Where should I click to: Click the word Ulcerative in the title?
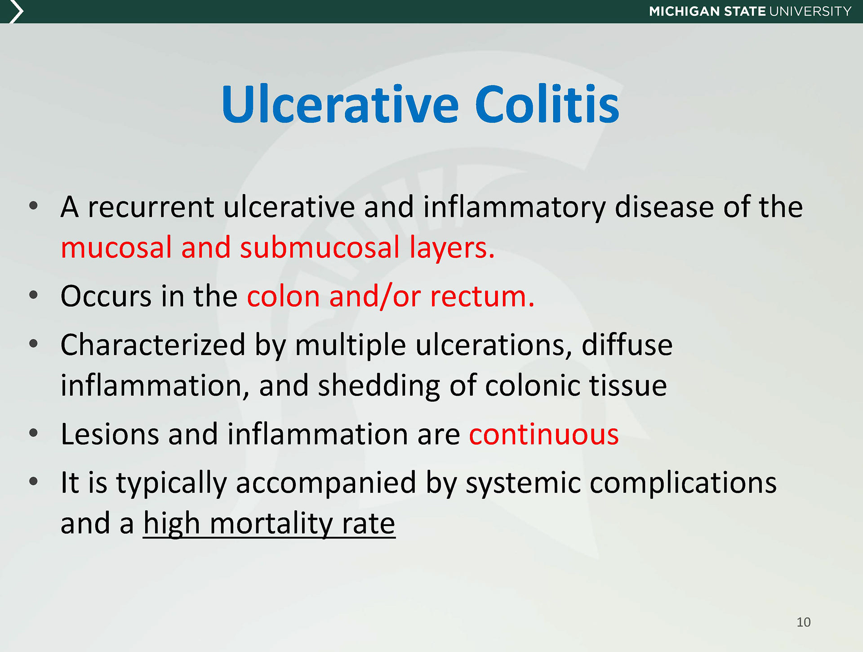tap(340, 104)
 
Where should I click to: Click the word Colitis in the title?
tap(547, 104)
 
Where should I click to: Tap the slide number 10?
tap(804, 622)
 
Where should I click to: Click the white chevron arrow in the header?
tap(16, 11)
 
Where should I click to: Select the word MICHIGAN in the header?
tap(684, 11)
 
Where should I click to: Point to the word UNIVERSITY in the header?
tap(810, 11)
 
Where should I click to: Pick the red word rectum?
tap(482, 297)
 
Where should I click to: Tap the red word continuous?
tap(544, 435)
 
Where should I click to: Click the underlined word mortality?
tap(271, 524)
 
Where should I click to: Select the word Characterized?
tap(153, 345)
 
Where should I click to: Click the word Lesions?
tap(110, 434)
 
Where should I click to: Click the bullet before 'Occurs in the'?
tap(33, 296)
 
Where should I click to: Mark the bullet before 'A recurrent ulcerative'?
tap(33, 206)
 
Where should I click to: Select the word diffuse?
tap(627, 345)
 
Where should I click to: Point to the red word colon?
tap(284, 297)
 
